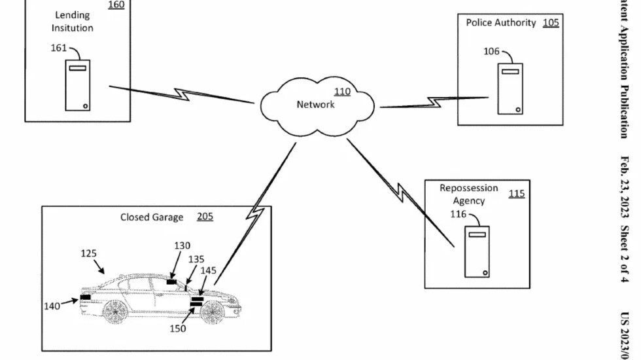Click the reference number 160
[116, 5]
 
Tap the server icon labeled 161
[78, 85]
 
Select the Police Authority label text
[501, 23]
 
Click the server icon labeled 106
[510, 88]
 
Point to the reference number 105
[551, 23]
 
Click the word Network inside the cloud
[315, 105]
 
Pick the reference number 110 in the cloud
[342, 92]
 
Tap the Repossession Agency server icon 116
[477, 251]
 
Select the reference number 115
[516, 194]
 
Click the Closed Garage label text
[152, 217]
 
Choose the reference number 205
[205, 217]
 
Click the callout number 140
[52, 306]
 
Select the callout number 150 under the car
[177, 329]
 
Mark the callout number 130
[182, 246]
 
